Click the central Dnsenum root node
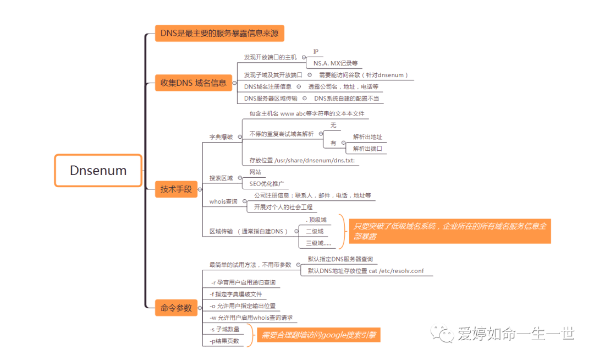98,171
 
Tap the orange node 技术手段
176,189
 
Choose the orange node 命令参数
176,308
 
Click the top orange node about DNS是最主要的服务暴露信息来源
219,34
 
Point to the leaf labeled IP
316,52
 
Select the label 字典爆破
221,137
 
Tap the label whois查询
223,202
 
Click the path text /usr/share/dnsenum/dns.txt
301,161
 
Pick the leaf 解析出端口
367,149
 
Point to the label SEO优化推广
266,184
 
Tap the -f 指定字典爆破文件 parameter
236,294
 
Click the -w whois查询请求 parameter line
251,318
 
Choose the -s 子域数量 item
224,329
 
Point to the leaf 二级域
315,231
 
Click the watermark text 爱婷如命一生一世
515,334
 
